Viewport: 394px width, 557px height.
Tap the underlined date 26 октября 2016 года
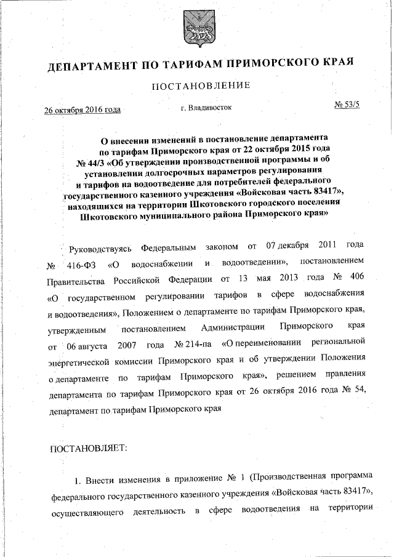click(x=82, y=110)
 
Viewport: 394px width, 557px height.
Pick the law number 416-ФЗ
click(x=79, y=266)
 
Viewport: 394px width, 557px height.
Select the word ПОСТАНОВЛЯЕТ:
click(x=87, y=449)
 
